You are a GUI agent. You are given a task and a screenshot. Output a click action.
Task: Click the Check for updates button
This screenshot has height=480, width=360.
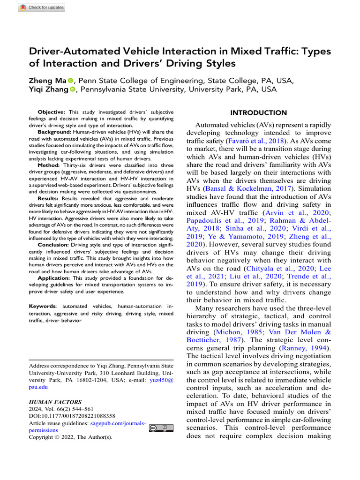pos(41,7)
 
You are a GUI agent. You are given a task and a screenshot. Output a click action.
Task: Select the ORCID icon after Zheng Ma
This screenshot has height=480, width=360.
pos(71,81)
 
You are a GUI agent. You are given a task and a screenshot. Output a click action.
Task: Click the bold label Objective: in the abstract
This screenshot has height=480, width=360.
pos(52,112)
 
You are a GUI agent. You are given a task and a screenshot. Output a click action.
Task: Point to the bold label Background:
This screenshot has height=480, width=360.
pos(54,133)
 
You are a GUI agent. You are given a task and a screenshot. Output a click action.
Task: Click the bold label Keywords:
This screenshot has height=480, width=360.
pos(44,306)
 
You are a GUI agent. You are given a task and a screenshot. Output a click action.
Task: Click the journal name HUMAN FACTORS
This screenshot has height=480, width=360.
pos(55,402)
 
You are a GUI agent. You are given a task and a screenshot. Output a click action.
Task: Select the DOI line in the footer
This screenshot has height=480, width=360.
pos(72,416)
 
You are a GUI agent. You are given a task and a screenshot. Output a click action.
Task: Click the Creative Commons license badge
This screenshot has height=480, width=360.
pos(161,427)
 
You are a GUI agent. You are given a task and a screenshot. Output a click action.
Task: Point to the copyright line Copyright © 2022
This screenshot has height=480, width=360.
pos(70,437)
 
